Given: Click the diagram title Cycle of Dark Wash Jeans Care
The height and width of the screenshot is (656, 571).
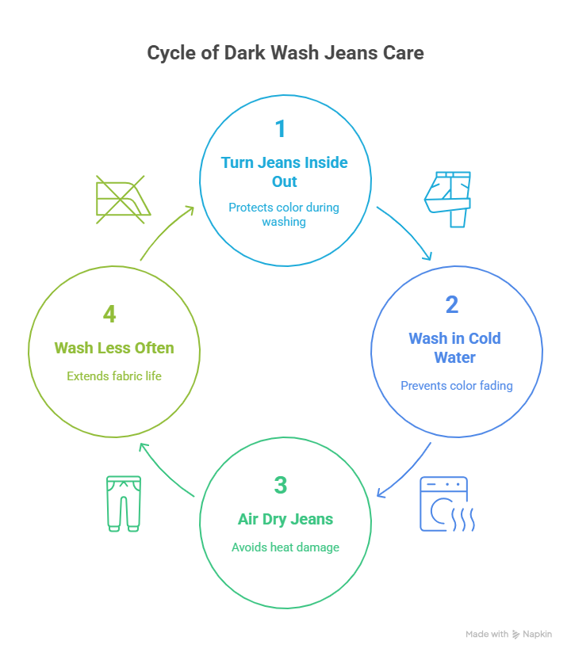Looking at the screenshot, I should coord(285,53).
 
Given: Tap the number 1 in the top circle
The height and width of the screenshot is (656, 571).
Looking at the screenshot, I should coord(279,128).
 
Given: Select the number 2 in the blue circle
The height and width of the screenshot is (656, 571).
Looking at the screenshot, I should coord(452,304).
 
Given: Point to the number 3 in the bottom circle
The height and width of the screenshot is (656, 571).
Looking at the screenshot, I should coord(280,485).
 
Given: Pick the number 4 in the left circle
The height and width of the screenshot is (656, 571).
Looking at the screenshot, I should coord(109,314).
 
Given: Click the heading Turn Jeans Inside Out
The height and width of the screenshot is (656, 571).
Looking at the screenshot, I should coord(285,171).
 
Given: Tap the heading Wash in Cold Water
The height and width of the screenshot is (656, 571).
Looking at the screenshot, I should coord(454,347).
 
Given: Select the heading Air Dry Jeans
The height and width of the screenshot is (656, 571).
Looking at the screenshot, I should coord(285,519).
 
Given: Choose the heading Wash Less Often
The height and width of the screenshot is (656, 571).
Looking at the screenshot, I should coord(113,348).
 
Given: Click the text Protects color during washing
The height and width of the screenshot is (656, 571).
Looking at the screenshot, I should coord(284,214).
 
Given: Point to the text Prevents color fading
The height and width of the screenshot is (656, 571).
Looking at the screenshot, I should coord(457,386).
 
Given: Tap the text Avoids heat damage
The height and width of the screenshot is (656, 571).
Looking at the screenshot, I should coord(285,547).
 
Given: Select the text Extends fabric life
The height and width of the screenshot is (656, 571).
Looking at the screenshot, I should coord(114,376).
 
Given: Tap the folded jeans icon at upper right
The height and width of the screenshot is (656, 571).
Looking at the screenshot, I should coord(448,199).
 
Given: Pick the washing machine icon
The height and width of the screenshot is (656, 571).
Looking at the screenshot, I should coord(446,503).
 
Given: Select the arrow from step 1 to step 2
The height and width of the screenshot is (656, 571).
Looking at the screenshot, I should coord(406,233).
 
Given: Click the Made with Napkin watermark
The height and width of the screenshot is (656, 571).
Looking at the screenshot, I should coord(508,634).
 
